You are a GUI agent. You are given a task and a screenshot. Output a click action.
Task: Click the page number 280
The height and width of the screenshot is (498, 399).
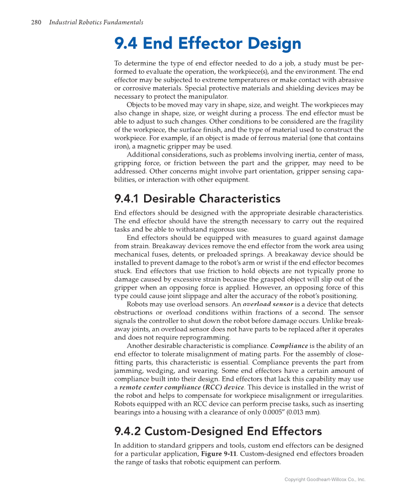[x=36, y=22]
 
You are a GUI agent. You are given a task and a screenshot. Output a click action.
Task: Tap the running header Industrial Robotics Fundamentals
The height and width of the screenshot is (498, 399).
[x=96, y=22]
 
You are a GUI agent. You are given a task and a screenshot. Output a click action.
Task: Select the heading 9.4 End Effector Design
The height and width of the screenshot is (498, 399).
[x=207, y=44]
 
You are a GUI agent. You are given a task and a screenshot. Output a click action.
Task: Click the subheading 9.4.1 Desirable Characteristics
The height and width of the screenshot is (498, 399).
[x=197, y=199]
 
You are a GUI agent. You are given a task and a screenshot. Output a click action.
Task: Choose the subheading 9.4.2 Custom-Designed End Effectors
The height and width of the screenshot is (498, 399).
[x=218, y=431]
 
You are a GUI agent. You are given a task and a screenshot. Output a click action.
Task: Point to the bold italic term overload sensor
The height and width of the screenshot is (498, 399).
[x=268, y=304]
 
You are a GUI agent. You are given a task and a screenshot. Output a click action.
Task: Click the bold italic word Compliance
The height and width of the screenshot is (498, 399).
[x=289, y=345]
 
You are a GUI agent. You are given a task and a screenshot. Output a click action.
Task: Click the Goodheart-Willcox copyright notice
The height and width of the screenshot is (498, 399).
[x=325, y=480]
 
